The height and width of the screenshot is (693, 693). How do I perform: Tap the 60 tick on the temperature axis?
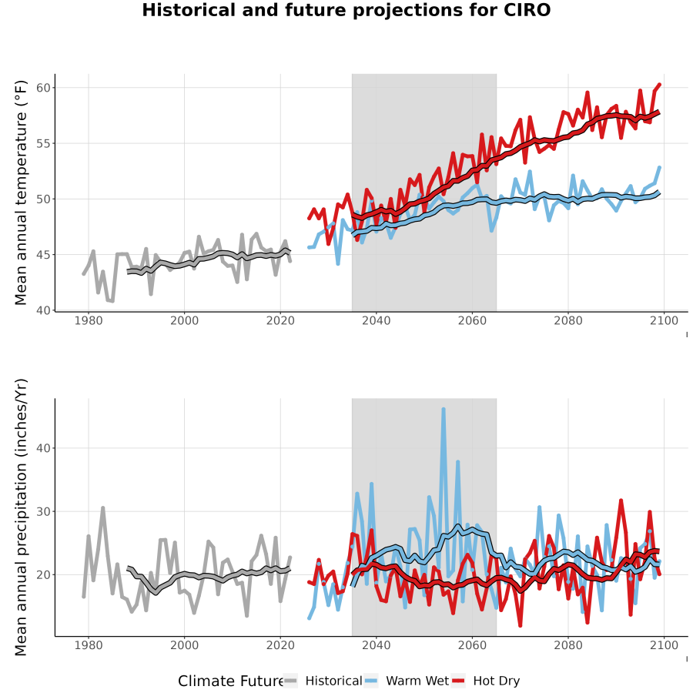point(43,88)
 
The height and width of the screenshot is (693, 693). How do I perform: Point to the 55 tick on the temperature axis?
point(43,143)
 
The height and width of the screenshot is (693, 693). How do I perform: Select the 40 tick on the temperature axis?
point(43,310)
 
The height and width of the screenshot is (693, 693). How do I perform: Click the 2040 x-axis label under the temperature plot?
point(376,320)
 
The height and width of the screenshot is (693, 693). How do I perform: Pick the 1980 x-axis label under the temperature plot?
point(89,320)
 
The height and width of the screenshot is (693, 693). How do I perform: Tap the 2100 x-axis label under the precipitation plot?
point(664,645)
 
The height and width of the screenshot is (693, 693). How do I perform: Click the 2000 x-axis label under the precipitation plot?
point(184,645)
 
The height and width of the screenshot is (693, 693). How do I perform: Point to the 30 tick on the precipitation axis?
point(43,511)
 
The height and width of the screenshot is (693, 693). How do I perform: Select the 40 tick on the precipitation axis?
point(43,448)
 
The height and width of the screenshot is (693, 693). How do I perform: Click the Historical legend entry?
point(323,681)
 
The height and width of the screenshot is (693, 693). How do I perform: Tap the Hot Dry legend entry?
point(486,681)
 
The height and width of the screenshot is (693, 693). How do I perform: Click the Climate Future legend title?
point(230,681)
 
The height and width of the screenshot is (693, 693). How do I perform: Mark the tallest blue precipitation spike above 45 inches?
point(444,410)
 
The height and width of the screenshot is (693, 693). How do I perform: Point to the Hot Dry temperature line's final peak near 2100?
point(659,85)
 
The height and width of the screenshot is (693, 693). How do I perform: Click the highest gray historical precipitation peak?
point(102,508)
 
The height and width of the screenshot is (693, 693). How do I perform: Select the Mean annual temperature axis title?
point(21,192)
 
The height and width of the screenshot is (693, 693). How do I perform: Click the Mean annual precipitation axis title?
point(21,517)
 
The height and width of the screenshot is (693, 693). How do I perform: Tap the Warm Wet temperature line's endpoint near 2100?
point(659,168)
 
